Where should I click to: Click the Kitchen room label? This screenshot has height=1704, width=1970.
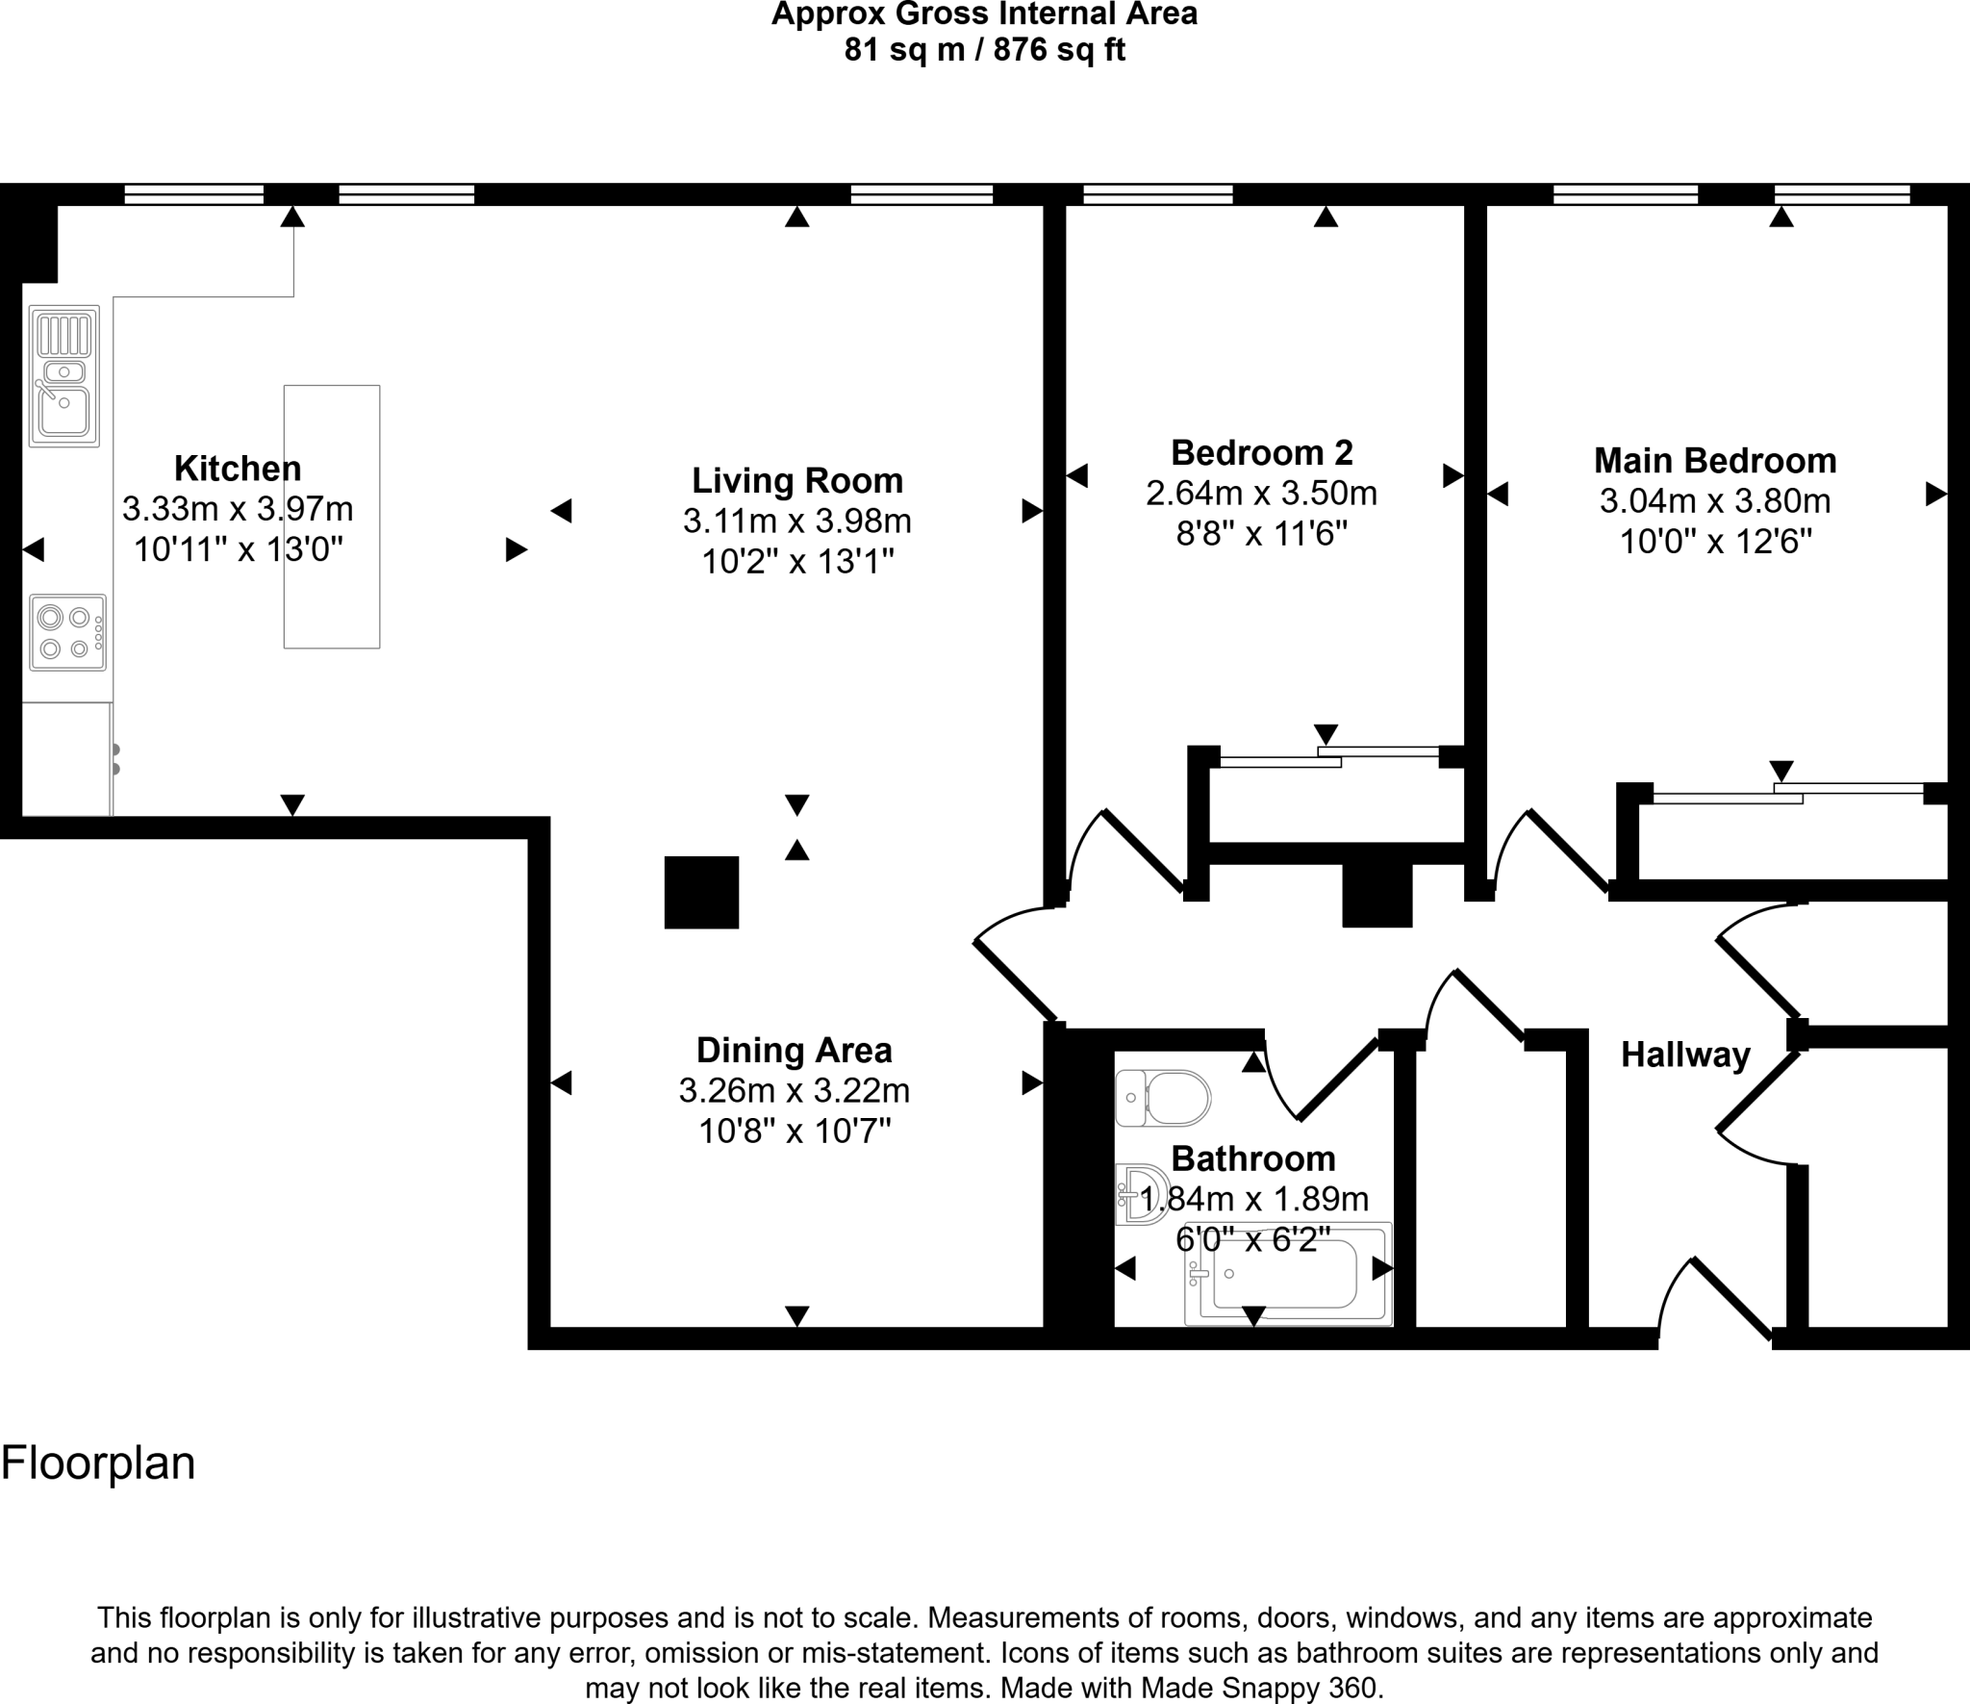(238, 469)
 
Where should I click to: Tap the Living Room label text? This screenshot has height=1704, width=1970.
(797, 480)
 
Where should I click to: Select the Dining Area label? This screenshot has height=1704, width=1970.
(794, 1050)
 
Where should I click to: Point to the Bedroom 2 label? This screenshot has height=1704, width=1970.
(1261, 452)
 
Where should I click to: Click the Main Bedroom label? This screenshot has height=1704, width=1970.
(1715, 461)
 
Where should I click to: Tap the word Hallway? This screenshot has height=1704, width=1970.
(1685, 1055)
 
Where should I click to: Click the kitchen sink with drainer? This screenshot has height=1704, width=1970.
(64, 376)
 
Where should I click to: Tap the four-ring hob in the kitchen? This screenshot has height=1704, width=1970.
(67, 632)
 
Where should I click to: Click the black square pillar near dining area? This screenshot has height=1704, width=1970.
(701, 892)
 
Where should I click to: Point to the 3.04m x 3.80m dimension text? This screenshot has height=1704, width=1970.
(1715, 501)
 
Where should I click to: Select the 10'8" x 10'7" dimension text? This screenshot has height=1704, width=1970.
(795, 1132)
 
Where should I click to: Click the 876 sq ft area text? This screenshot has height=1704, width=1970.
(1059, 49)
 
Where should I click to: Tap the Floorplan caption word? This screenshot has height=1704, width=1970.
(98, 1463)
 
